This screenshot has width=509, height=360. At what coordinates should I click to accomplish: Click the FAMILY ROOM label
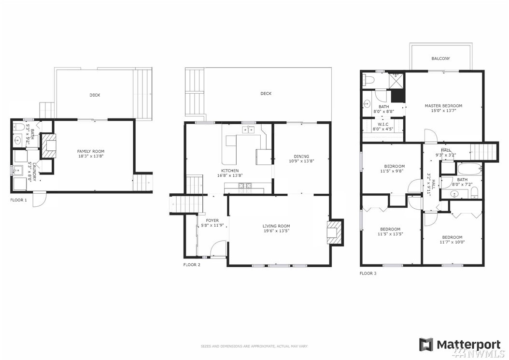tap(91, 151)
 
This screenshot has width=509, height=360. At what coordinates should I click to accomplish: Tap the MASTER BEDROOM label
tap(443, 106)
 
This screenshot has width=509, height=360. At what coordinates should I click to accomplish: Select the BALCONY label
tap(440, 59)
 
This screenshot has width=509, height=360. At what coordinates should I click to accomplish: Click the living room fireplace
tap(335, 232)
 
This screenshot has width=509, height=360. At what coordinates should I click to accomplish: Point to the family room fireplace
tap(48, 146)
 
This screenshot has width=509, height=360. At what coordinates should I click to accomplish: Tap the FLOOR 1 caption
tap(18, 200)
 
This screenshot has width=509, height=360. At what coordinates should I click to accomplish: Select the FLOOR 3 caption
tap(368, 274)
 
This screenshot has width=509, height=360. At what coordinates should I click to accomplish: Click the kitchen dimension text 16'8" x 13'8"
tap(230, 175)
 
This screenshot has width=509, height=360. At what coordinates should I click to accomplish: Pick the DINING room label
tap(301, 156)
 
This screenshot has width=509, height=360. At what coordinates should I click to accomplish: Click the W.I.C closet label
tap(383, 125)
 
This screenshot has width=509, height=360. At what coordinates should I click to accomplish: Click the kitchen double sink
tap(248, 130)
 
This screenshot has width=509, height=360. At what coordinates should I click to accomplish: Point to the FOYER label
tap(212, 221)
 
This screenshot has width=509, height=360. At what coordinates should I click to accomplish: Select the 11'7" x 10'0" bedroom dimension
tap(452, 242)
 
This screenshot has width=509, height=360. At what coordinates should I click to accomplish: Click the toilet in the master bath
tap(369, 79)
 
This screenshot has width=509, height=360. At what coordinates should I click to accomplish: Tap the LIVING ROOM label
tap(276, 226)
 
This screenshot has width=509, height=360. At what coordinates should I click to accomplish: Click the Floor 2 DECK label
tap(266, 94)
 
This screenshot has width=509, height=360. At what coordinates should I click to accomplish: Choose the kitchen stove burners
tap(245, 186)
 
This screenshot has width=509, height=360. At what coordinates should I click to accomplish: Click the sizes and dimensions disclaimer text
tap(254, 346)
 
